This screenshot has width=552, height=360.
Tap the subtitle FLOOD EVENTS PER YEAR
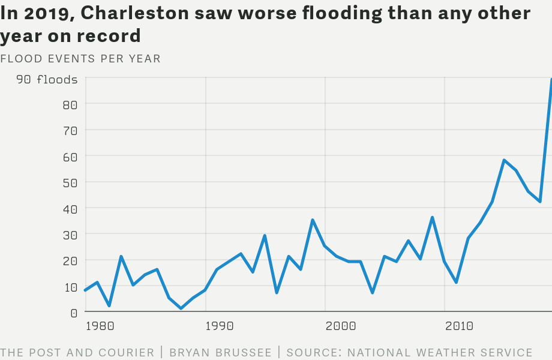pos(80,58)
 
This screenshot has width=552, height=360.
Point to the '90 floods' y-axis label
pos(47,79)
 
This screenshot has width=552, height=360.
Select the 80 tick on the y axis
pos(70,105)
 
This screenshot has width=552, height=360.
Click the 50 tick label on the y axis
pos(70,183)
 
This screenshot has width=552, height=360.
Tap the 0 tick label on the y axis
pos(74,313)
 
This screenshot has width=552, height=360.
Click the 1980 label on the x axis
pos(100,326)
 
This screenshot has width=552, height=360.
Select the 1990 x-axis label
pos(220,326)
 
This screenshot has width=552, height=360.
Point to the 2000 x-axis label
pos(340,326)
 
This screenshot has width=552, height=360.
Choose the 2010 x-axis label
pos(459,326)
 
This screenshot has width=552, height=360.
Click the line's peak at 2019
pos(551,80)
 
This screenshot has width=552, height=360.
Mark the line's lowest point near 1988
pos(181,308)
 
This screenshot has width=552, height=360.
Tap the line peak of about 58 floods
pos(504,160)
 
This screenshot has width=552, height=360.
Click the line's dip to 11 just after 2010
pos(457,282)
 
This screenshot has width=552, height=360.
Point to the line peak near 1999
pos(313,220)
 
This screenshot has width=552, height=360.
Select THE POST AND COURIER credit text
pos(77,353)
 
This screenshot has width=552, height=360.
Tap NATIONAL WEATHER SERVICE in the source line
pos(440,353)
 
